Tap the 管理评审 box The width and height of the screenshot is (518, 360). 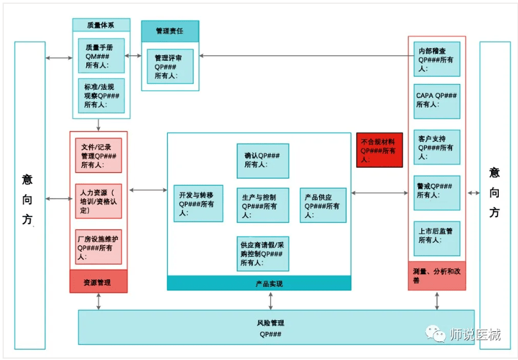[x=170, y=66]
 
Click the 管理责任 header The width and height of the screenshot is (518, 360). [x=170, y=31]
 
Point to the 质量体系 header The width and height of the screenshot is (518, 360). [x=101, y=25]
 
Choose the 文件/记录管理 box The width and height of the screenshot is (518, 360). [x=98, y=156]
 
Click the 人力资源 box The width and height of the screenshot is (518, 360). [x=98, y=200]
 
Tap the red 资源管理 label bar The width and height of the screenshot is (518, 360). [x=98, y=282]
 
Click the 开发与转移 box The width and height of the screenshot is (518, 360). [x=198, y=204]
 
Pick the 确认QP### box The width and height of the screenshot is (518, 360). [x=263, y=160]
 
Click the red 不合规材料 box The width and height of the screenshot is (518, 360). [x=380, y=150]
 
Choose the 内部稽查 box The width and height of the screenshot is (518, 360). [x=437, y=58]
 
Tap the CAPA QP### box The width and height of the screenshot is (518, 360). [x=437, y=100]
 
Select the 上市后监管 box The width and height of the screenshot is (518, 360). [x=437, y=236]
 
